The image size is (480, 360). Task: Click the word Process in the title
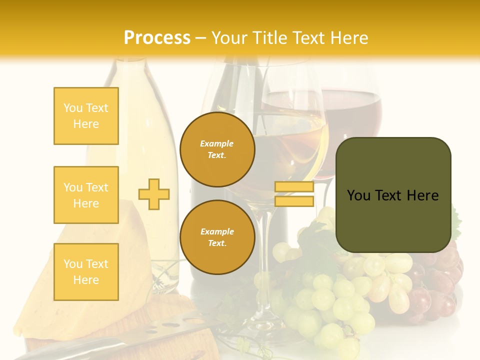157,38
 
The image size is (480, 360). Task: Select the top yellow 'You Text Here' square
86,116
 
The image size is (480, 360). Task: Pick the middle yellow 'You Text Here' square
86,195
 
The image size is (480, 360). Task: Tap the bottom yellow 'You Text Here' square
86,272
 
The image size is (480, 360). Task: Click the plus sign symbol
154,194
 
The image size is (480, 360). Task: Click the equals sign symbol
294,194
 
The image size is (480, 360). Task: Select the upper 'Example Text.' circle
217,149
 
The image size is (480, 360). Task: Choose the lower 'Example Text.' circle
217,237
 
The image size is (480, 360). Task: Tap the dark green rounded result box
393,195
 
